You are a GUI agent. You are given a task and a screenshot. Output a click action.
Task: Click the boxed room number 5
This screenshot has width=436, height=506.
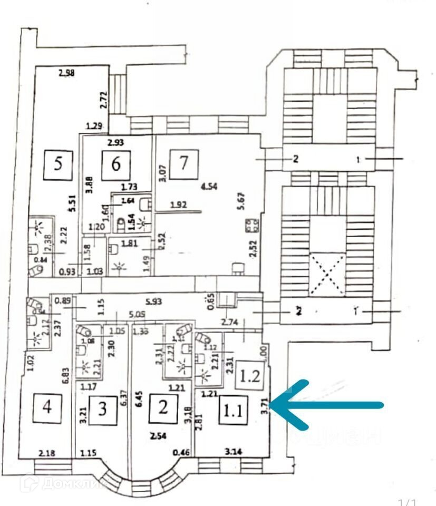tap(59, 163)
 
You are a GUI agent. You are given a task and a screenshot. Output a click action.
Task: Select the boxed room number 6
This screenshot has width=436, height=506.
tap(116, 163)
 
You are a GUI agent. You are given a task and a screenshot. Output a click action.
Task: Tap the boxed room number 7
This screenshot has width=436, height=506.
tap(183, 163)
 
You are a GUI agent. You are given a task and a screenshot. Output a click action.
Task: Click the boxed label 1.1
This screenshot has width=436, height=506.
tap(232, 410)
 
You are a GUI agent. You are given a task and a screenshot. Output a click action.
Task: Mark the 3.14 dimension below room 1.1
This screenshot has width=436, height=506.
tap(232, 452)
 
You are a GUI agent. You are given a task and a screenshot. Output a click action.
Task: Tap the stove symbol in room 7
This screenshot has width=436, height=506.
tap(251, 227)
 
